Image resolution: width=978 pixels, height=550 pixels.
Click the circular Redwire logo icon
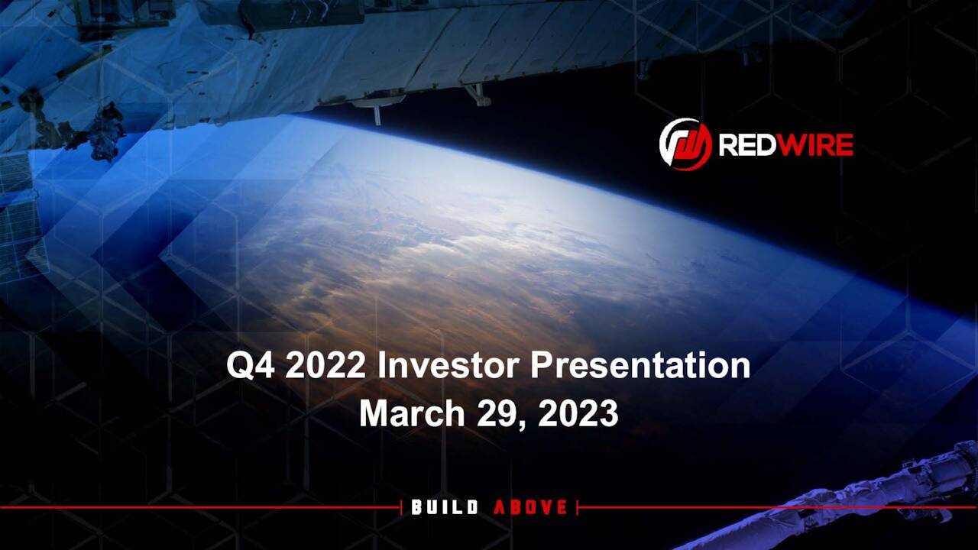coord(685,144)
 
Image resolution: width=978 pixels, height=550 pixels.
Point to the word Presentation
coord(640,366)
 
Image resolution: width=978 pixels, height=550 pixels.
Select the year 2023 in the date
coord(578,413)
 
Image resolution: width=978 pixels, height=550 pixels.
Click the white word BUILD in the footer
coord(445,507)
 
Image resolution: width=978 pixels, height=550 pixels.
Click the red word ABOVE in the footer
coord(531,507)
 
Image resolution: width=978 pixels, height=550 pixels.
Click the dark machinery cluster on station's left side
coord(103,134)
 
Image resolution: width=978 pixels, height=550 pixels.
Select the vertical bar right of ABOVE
coord(578,507)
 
